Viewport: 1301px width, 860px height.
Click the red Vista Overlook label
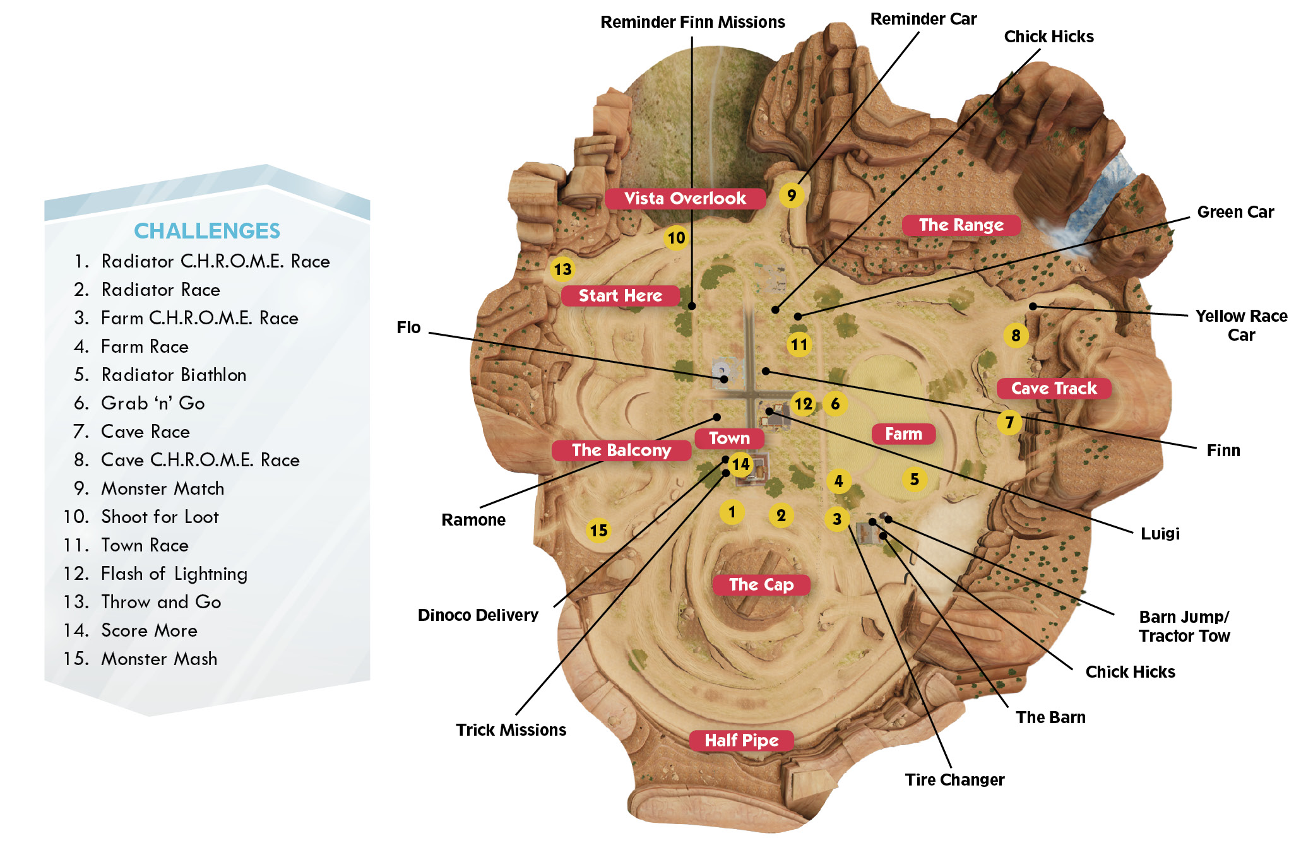(x=685, y=198)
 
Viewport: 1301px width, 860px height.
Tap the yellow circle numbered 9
(x=792, y=196)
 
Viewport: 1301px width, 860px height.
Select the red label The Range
(x=961, y=225)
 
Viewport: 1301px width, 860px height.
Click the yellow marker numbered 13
(x=562, y=269)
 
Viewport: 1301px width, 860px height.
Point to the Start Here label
(x=621, y=295)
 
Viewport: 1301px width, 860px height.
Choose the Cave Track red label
(x=1054, y=388)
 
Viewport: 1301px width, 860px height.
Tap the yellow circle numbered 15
(x=598, y=531)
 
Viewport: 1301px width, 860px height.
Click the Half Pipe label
(x=741, y=740)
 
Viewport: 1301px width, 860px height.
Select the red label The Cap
(x=761, y=584)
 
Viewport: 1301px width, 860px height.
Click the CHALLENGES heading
(x=207, y=231)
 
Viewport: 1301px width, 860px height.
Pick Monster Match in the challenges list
(x=162, y=488)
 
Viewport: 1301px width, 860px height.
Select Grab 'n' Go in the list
(x=153, y=403)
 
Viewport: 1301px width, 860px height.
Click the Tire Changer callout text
(x=954, y=780)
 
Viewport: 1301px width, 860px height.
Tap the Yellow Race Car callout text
(x=1241, y=325)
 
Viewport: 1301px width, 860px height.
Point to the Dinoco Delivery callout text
(x=478, y=615)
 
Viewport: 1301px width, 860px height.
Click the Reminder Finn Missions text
(x=692, y=22)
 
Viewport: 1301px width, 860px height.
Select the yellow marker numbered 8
(x=1016, y=336)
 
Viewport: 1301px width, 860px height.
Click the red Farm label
(x=903, y=434)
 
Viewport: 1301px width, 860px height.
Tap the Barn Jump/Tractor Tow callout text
(x=1184, y=626)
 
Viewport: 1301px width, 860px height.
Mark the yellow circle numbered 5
(x=915, y=480)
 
